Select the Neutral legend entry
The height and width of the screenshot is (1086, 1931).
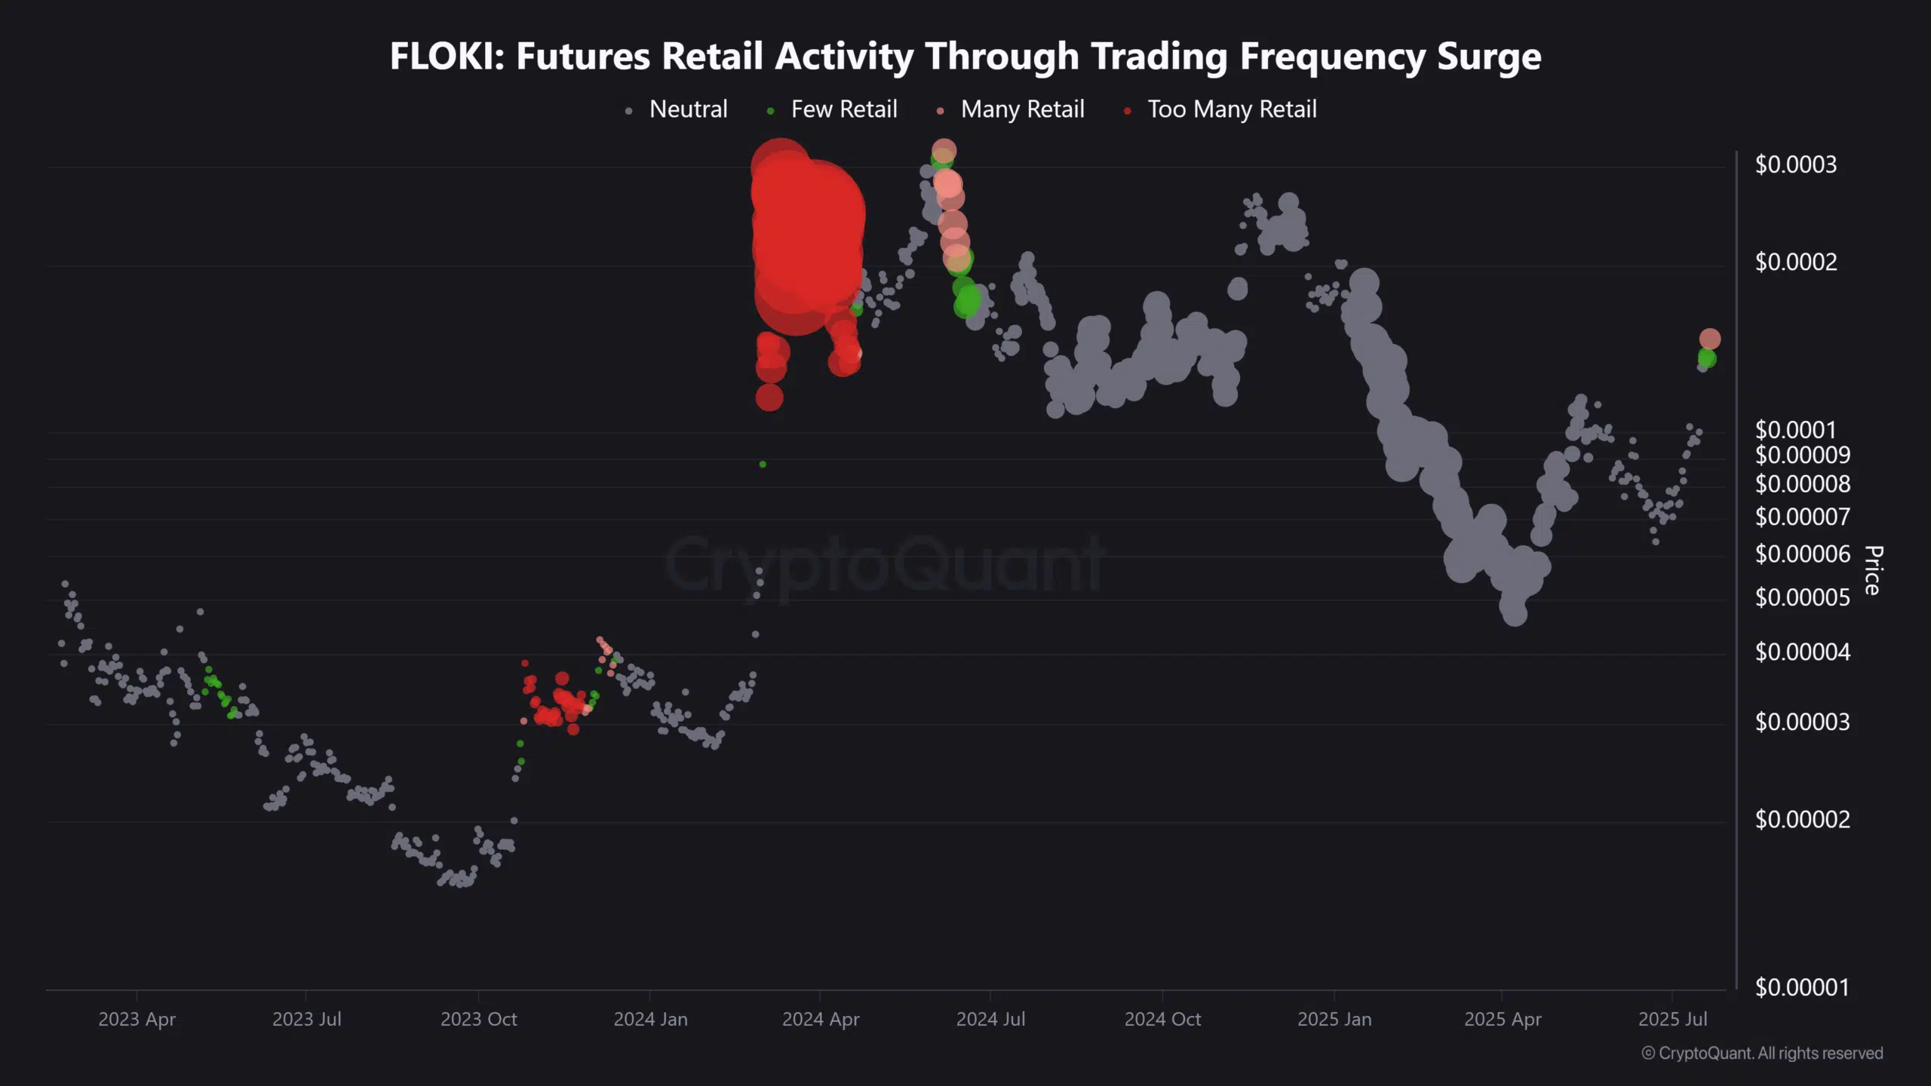[x=677, y=109]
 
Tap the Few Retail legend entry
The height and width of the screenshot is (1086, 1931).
[x=832, y=109]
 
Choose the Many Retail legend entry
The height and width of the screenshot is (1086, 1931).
[x=1011, y=109]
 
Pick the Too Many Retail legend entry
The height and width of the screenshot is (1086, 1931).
[x=1220, y=109]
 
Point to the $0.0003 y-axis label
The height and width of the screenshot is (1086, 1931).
[x=1796, y=164]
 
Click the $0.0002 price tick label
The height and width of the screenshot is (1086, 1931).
[x=1796, y=262]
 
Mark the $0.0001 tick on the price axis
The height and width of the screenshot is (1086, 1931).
[x=1795, y=429]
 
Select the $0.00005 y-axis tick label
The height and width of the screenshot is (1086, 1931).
[x=1802, y=597]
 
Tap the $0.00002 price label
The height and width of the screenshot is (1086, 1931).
[x=1802, y=819]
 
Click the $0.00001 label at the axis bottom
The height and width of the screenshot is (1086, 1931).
[x=1802, y=986]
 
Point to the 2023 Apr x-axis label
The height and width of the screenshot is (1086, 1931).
[x=137, y=1019]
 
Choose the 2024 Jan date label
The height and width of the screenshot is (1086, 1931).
[x=650, y=1019]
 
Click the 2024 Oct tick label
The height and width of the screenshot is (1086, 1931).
[x=1162, y=1019]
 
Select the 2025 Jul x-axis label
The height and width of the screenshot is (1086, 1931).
[x=1672, y=1019]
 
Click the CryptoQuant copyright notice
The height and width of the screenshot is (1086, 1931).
[x=1762, y=1053]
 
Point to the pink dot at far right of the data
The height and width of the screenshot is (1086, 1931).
[x=1709, y=339]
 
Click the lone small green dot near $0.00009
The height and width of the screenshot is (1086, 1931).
[x=763, y=464]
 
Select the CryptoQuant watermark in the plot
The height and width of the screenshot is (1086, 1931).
[x=885, y=564]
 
